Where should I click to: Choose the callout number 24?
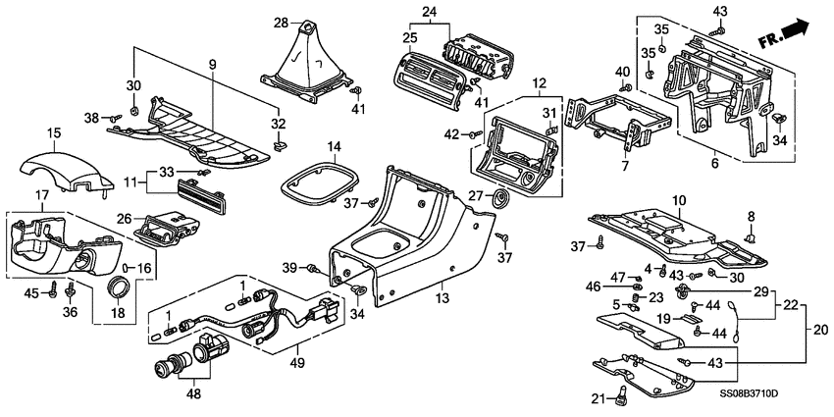pyautogui.click(x=428, y=12)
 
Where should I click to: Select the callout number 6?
pyautogui.click(x=713, y=165)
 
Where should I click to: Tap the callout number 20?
pyautogui.click(x=808, y=330)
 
